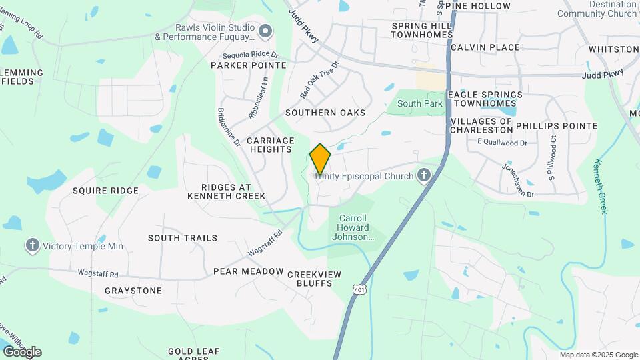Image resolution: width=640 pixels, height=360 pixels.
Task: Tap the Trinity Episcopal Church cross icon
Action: click(423, 175)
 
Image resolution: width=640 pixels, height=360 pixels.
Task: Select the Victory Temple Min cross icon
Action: click(32, 246)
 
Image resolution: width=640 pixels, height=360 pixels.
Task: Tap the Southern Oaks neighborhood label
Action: click(325, 113)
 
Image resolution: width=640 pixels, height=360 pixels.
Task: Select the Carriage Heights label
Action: click(270, 145)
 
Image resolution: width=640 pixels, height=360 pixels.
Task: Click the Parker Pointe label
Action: click(248, 65)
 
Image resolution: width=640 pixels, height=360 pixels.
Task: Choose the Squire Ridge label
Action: click(105, 191)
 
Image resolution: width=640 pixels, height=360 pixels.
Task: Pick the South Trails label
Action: click(183, 238)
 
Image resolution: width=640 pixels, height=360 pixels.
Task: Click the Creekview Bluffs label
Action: click(314, 279)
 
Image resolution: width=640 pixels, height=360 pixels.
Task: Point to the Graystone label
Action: click(133, 291)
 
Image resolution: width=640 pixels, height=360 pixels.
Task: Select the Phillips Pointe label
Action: click(556, 125)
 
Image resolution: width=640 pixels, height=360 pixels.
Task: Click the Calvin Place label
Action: click(485, 47)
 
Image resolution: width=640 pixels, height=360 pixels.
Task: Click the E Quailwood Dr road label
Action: click(502, 143)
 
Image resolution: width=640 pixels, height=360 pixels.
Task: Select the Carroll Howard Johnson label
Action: click(353, 227)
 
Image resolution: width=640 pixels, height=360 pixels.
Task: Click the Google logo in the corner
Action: click(22, 351)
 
